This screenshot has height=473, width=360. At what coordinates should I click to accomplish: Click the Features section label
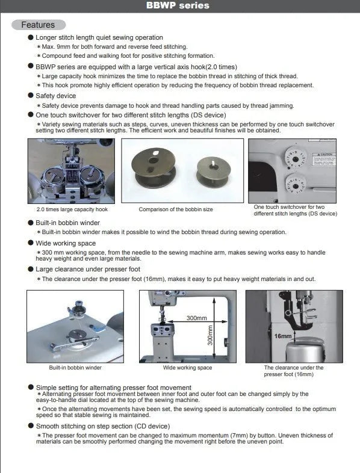(x=37, y=25)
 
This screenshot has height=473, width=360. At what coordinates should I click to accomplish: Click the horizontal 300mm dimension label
(x=196, y=317)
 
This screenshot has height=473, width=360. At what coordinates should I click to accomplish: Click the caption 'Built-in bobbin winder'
(x=75, y=367)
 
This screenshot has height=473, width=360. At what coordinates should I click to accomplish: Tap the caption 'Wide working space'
(x=187, y=367)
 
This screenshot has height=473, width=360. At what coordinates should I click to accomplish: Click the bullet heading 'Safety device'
(x=55, y=95)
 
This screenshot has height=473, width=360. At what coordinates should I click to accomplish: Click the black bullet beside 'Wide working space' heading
(x=31, y=243)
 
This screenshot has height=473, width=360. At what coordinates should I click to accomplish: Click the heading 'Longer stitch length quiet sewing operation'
(x=99, y=37)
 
